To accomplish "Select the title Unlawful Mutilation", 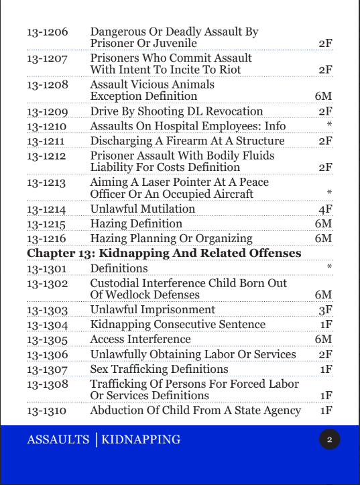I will (x=143, y=209).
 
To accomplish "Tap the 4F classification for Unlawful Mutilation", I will (x=325, y=209).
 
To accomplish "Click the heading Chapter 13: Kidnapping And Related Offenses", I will (x=164, y=253).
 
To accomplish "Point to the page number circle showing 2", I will (x=329, y=440).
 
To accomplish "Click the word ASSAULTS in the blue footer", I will (x=58, y=440).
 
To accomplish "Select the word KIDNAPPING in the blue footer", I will (x=141, y=440).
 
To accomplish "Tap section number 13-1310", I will (x=47, y=411).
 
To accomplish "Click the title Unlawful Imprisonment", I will (x=153, y=309).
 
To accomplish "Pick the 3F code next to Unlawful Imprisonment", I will (x=326, y=309).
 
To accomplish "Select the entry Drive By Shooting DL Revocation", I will (x=176, y=111).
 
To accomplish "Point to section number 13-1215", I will (x=47, y=223).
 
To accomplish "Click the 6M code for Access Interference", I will (x=323, y=339).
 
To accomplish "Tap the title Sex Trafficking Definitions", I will (x=159, y=369).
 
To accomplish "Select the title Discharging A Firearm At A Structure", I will (x=187, y=141).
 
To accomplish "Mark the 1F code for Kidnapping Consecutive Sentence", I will (x=326, y=324).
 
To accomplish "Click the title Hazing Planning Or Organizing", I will (x=171, y=238).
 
